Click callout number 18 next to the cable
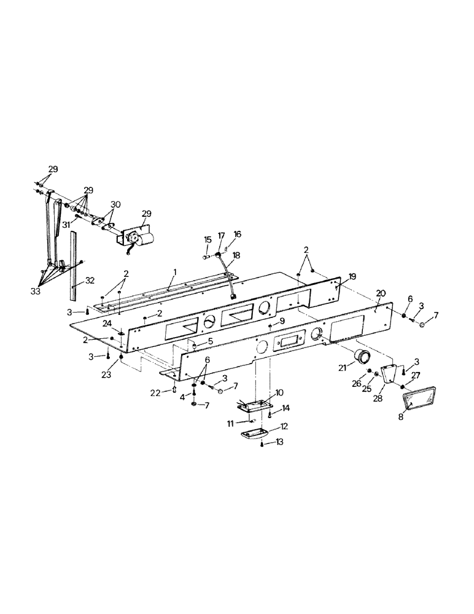(x=236, y=255)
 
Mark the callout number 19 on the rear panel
(x=353, y=277)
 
